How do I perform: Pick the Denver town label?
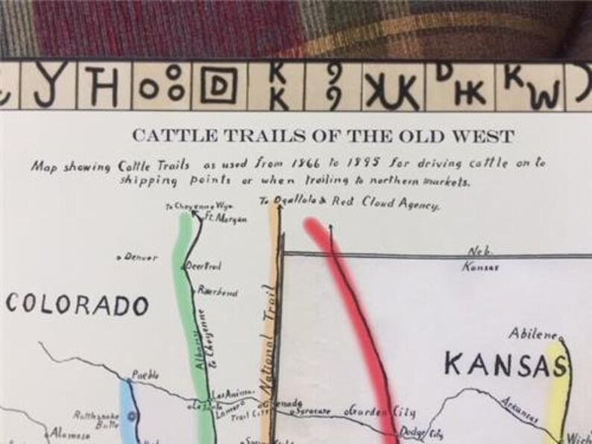pyautogui.click(x=139, y=258)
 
